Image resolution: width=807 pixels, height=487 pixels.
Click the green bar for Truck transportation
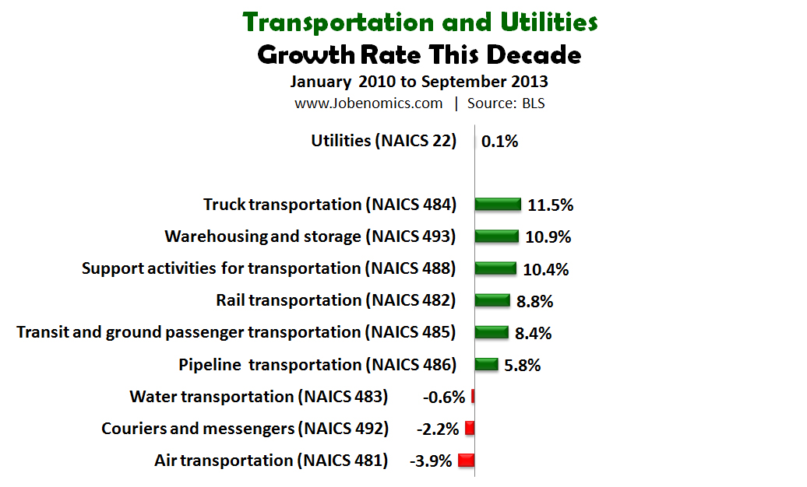pyautogui.click(x=498, y=205)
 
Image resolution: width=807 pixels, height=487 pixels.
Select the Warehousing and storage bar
pyautogui.click(x=496, y=236)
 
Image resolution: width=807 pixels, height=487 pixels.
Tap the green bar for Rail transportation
pyautogui.click(x=492, y=300)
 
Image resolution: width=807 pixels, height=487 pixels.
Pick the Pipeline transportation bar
pyautogui.click(x=486, y=364)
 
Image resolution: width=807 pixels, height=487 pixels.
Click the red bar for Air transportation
pyautogui.click(x=467, y=460)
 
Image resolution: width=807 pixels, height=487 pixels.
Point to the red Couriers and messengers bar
pyautogui.click(x=470, y=428)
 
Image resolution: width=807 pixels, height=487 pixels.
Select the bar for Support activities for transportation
pyautogui.click(x=495, y=268)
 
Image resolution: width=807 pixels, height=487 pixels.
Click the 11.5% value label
pyautogui.click(x=551, y=205)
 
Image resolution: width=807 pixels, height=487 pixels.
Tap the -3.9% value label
pyautogui.click(x=431, y=461)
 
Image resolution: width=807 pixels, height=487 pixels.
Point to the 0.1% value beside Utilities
pyautogui.click(x=500, y=142)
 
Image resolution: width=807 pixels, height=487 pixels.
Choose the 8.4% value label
pyautogui.click(x=534, y=333)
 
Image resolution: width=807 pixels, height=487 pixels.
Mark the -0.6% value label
pyautogui.click(x=444, y=397)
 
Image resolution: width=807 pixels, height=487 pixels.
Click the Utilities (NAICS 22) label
pyautogui.click(x=383, y=141)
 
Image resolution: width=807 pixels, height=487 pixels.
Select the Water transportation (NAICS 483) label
pyautogui.click(x=259, y=397)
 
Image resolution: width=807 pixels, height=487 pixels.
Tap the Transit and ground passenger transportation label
pyautogui.click(x=236, y=332)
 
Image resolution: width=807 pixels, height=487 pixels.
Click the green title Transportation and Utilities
pyautogui.click(x=420, y=22)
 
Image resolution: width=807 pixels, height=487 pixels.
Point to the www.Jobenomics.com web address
pyautogui.click(x=368, y=103)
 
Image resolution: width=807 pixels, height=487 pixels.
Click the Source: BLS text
pyautogui.click(x=506, y=103)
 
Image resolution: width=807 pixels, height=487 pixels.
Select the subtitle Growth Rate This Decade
pyautogui.click(x=419, y=55)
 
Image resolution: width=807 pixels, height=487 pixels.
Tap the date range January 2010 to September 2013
pyautogui.click(x=419, y=82)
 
